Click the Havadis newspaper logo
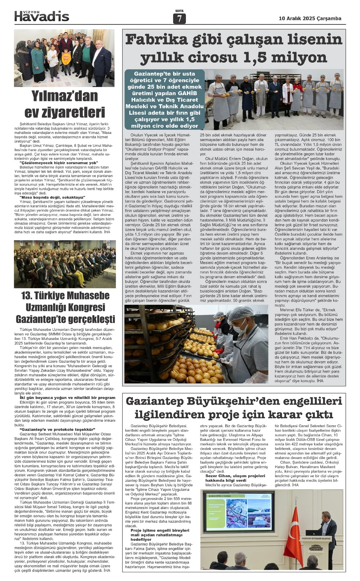(x=42, y=16)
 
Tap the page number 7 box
(x=179, y=19)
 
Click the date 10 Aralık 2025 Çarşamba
(x=310, y=19)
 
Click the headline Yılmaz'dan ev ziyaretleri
(x=64, y=104)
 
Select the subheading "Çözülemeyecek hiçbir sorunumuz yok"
(x=57, y=163)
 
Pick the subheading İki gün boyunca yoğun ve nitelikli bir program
(x=63, y=398)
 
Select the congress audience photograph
(x=65, y=264)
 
